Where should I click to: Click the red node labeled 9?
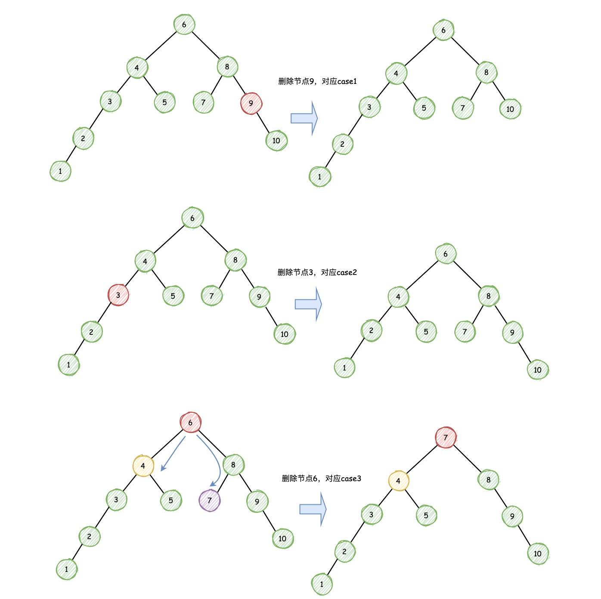[x=251, y=104]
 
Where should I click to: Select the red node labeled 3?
[x=118, y=295]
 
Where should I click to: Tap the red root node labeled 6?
[x=190, y=423]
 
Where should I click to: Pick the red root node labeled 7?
[x=446, y=438]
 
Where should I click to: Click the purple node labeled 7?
[x=210, y=500]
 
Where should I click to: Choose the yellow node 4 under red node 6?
[x=143, y=466]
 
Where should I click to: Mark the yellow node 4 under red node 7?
[x=398, y=481]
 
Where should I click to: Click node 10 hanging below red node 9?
[x=276, y=141]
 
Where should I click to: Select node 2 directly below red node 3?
[x=91, y=332]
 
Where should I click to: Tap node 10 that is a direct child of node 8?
[x=510, y=109]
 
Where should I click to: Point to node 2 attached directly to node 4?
[x=372, y=330]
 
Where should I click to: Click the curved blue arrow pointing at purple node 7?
[x=215, y=460]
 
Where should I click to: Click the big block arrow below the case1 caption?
[x=304, y=118]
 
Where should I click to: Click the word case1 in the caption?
[x=347, y=81]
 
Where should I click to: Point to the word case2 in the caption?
[x=347, y=272]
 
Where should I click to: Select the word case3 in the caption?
[x=351, y=479]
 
